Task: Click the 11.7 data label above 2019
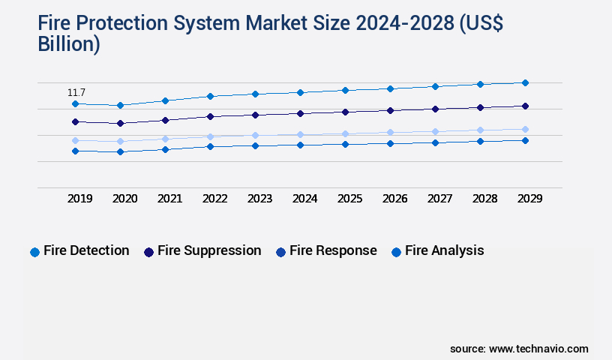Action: pos(76,92)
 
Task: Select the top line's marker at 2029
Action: pos(525,82)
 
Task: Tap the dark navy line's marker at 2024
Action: pos(300,113)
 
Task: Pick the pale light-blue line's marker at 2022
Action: pos(210,136)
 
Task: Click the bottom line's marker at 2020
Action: pos(120,151)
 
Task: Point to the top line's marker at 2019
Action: pos(75,103)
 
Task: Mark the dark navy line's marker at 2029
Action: pos(525,106)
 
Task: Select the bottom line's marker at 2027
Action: pos(435,142)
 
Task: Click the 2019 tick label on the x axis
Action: pos(80,199)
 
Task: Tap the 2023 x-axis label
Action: pos(260,199)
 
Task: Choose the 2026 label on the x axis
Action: pos(394,199)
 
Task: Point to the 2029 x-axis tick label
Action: pos(529,199)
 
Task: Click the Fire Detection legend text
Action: pos(86,250)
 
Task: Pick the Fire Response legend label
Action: pos(333,250)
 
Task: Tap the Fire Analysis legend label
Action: pos(444,250)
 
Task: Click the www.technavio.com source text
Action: pos(538,349)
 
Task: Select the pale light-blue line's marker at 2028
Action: pos(480,130)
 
